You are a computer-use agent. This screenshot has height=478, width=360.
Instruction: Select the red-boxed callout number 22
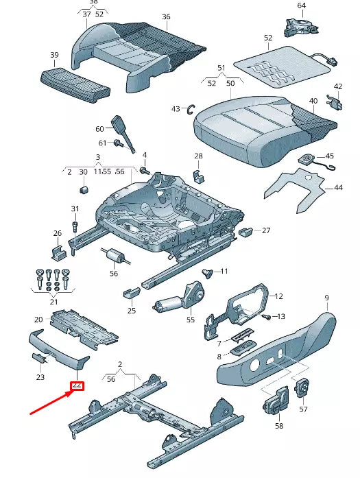(x=77, y=385)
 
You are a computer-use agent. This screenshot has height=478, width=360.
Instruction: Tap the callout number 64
(x=301, y=5)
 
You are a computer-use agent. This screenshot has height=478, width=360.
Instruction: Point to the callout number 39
(x=54, y=55)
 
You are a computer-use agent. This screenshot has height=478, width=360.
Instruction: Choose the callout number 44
(x=337, y=187)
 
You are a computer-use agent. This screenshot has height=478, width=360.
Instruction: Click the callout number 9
(x=326, y=298)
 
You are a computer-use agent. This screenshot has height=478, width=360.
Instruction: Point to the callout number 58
(x=279, y=426)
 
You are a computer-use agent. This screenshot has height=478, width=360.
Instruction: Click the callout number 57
(x=303, y=409)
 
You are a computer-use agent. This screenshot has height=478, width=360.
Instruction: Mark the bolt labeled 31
(x=75, y=224)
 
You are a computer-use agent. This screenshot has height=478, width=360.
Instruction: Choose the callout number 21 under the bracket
(x=53, y=302)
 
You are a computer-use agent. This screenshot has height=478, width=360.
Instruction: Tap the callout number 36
(x=166, y=16)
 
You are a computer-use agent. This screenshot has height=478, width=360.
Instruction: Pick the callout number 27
(x=266, y=230)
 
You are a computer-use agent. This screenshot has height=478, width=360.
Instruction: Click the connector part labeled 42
(x=335, y=103)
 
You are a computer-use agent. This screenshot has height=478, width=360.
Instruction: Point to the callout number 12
(x=278, y=296)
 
